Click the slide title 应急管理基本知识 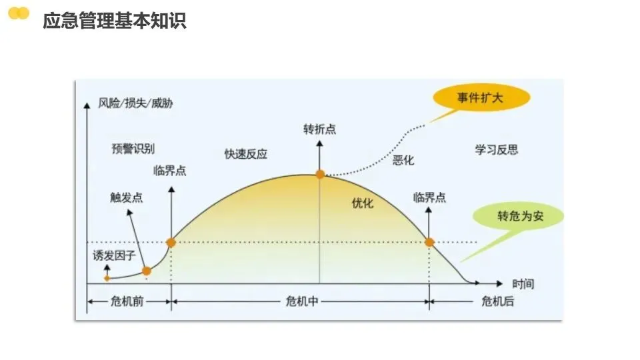click(x=114, y=21)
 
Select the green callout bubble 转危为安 click(x=518, y=217)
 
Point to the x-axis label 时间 click(x=523, y=283)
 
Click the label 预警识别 click(x=133, y=149)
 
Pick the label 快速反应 click(x=246, y=154)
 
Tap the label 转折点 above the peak click(x=319, y=129)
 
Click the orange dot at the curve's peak click(x=320, y=174)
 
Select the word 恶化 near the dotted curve click(x=403, y=160)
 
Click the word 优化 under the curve click(x=363, y=203)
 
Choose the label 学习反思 click(x=496, y=149)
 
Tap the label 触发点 click(x=126, y=197)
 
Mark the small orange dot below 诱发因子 click(x=107, y=277)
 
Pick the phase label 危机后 click(x=497, y=301)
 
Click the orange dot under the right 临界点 click(x=429, y=243)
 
